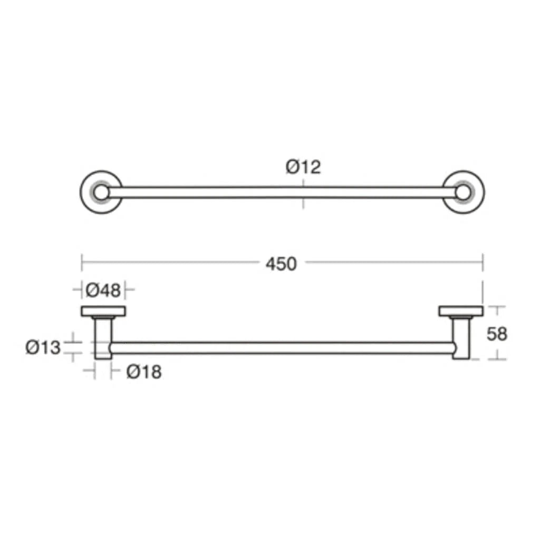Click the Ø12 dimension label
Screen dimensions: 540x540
[x=303, y=167]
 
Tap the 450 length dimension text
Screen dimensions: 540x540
[x=281, y=264]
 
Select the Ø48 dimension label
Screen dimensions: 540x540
[x=103, y=290]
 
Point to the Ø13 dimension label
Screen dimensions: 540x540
[x=43, y=347]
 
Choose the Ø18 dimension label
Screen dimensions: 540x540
[x=144, y=372]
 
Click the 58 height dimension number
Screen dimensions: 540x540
[x=497, y=334]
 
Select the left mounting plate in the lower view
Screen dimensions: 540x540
[x=103, y=311]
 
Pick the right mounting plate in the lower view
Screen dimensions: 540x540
[x=461, y=311]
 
